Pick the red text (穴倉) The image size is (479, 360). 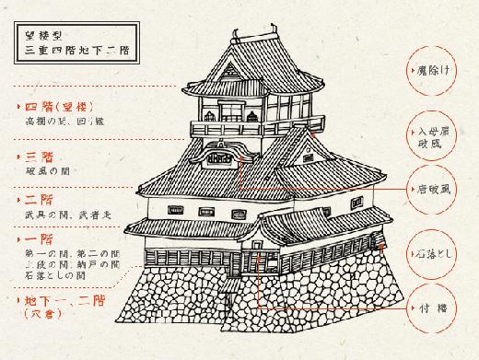click(39, 317)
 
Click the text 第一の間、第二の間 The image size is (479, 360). click(74, 254)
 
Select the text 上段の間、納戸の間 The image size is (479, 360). click(74, 266)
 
